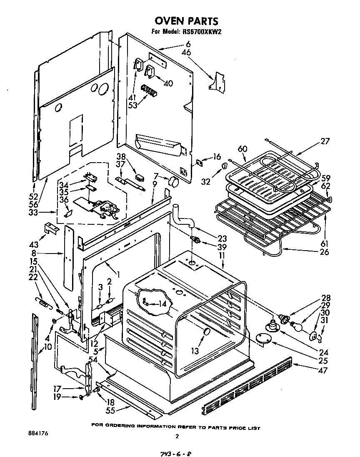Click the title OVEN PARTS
186,21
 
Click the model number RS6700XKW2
199,32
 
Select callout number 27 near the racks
325,142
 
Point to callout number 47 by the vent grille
322,370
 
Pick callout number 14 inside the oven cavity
162,304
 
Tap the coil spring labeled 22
42,302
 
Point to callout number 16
216,157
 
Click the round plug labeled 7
172,182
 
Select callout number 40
168,83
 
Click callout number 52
33,196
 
